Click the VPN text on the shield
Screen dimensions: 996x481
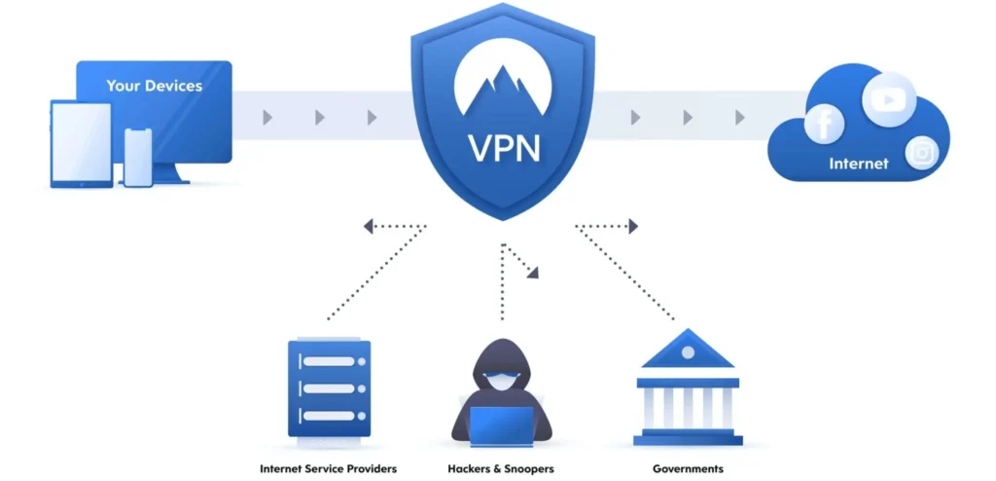[x=505, y=147]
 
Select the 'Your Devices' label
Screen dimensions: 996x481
[x=155, y=86]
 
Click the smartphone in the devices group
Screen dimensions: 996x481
[x=138, y=158]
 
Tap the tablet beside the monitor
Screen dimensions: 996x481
[x=81, y=144]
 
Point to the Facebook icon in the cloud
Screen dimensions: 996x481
[x=824, y=124]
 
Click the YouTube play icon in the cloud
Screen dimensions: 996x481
[x=889, y=99]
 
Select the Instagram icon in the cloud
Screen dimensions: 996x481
[x=922, y=153]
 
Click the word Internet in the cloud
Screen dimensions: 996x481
[x=859, y=164]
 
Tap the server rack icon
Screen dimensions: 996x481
[x=329, y=388]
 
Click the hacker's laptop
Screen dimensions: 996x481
[x=501, y=426]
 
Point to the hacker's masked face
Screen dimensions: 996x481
[x=501, y=381]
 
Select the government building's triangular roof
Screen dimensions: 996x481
[x=688, y=349]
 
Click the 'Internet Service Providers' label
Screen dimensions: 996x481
[x=329, y=469]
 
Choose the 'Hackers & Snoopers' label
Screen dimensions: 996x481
[x=501, y=469]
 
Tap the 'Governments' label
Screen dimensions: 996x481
[x=688, y=469]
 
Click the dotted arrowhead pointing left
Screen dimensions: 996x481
[x=368, y=226]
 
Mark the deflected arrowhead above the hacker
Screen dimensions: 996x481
[x=533, y=273]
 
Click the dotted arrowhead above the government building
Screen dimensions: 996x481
[x=633, y=226]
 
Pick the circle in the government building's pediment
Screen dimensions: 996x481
[x=688, y=352]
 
